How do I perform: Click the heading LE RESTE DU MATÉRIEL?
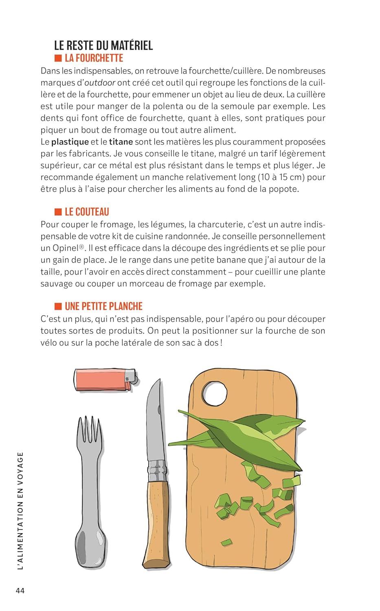103,45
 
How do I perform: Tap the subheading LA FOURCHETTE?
94,58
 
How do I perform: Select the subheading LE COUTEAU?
87,212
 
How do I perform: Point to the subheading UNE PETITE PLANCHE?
103,306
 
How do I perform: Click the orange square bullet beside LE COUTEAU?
58,212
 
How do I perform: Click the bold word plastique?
70,142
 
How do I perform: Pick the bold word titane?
121,142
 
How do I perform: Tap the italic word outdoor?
100,83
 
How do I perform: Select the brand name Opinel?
66,248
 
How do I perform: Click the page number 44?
20,591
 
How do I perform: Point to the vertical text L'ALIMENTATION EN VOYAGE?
20,511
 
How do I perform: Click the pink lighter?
102,380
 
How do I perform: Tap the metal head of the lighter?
131,378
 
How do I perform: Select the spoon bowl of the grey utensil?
90,548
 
